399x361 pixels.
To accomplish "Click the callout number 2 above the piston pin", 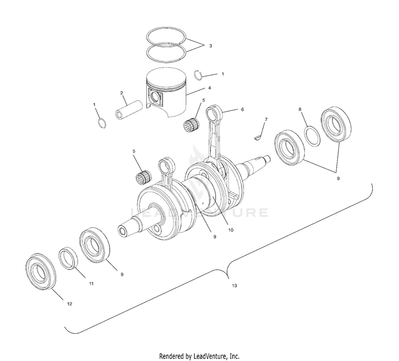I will click(x=122, y=93).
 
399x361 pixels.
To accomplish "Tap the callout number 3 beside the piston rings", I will click(x=210, y=46).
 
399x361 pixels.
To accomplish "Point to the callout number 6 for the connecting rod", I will click(x=242, y=109).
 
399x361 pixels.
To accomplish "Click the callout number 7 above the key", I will click(x=266, y=119).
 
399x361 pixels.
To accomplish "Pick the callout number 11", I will click(x=91, y=284).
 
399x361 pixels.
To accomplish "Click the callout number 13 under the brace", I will click(x=235, y=286).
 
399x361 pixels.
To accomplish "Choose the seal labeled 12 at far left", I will click(x=40, y=273).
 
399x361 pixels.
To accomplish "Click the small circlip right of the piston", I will click(x=197, y=74).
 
